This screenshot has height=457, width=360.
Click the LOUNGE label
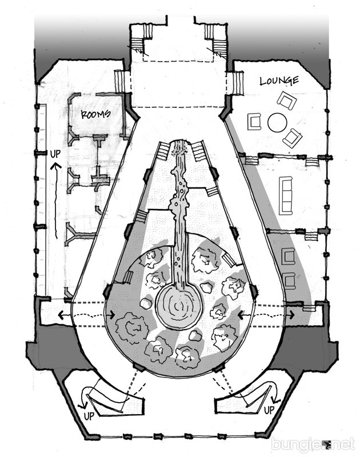279,81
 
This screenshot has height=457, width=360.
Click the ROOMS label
95,114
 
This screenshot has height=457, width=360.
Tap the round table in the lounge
277,122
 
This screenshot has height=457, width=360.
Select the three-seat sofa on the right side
286,195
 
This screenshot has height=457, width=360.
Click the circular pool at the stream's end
179,306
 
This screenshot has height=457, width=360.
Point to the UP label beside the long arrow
55,154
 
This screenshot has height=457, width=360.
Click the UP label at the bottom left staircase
89,416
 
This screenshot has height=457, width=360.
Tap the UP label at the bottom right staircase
269,410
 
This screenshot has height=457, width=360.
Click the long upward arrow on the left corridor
56,201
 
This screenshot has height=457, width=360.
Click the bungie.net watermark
313,444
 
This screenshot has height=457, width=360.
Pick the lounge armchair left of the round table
254,122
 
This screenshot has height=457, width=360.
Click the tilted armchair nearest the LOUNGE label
287,101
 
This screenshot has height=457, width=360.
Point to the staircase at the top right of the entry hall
215,38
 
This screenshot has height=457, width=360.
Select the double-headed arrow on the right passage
266,315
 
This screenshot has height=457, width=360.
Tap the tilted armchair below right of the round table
292,138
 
